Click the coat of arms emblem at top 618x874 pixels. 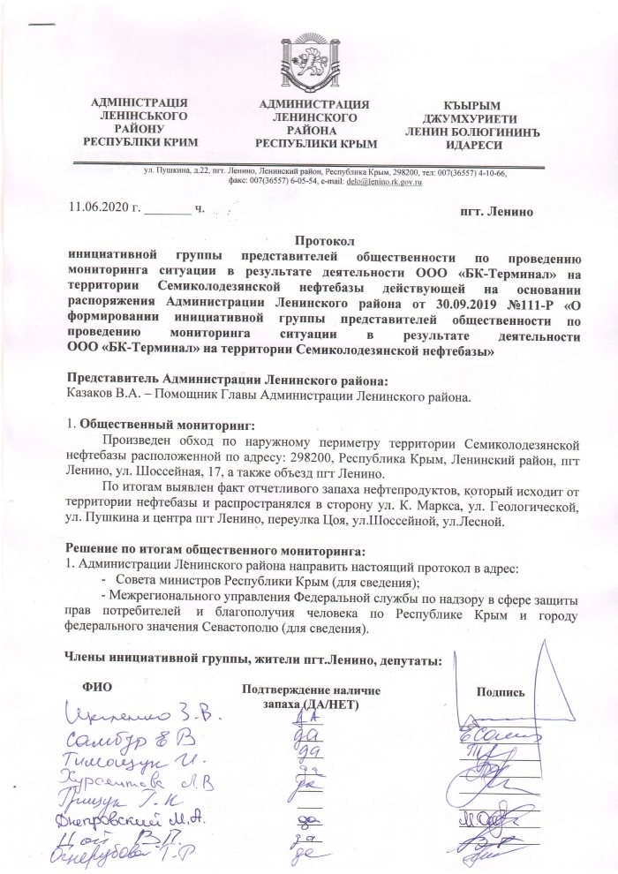tap(311, 64)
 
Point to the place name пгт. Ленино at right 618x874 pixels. tap(497, 213)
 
